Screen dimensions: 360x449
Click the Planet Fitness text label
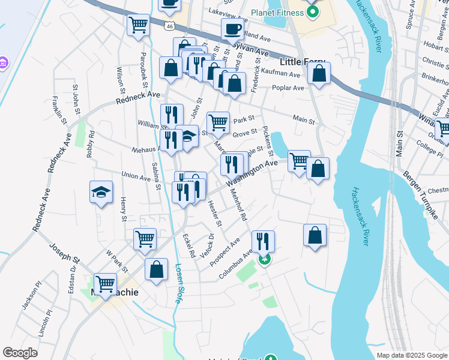(x=273, y=13)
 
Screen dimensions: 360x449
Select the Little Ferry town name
(x=303, y=62)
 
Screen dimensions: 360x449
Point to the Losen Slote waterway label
(x=178, y=283)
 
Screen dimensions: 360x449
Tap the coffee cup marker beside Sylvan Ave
(x=232, y=29)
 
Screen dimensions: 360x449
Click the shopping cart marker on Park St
(x=218, y=122)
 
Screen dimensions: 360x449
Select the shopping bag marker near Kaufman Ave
(x=319, y=74)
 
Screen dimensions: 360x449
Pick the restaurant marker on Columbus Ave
(x=263, y=241)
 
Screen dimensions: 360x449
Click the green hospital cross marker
(x=264, y=259)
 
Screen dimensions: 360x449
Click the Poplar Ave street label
(x=289, y=88)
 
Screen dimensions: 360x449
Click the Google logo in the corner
(x=20, y=353)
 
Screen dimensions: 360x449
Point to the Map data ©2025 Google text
(x=411, y=355)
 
